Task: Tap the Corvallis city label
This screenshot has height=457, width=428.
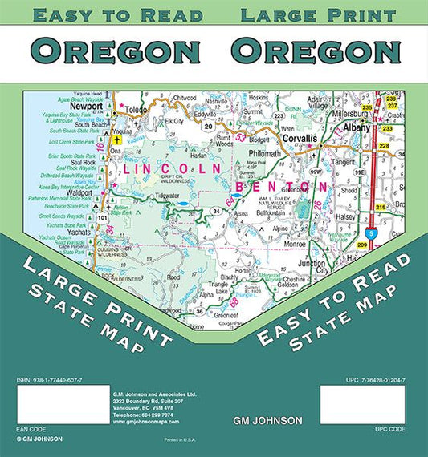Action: [x=299, y=139]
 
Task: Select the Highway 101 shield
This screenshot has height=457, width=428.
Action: [x=102, y=217]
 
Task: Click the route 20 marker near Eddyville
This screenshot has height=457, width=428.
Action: [x=208, y=126]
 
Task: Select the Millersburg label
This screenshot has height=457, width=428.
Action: [x=347, y=114]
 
